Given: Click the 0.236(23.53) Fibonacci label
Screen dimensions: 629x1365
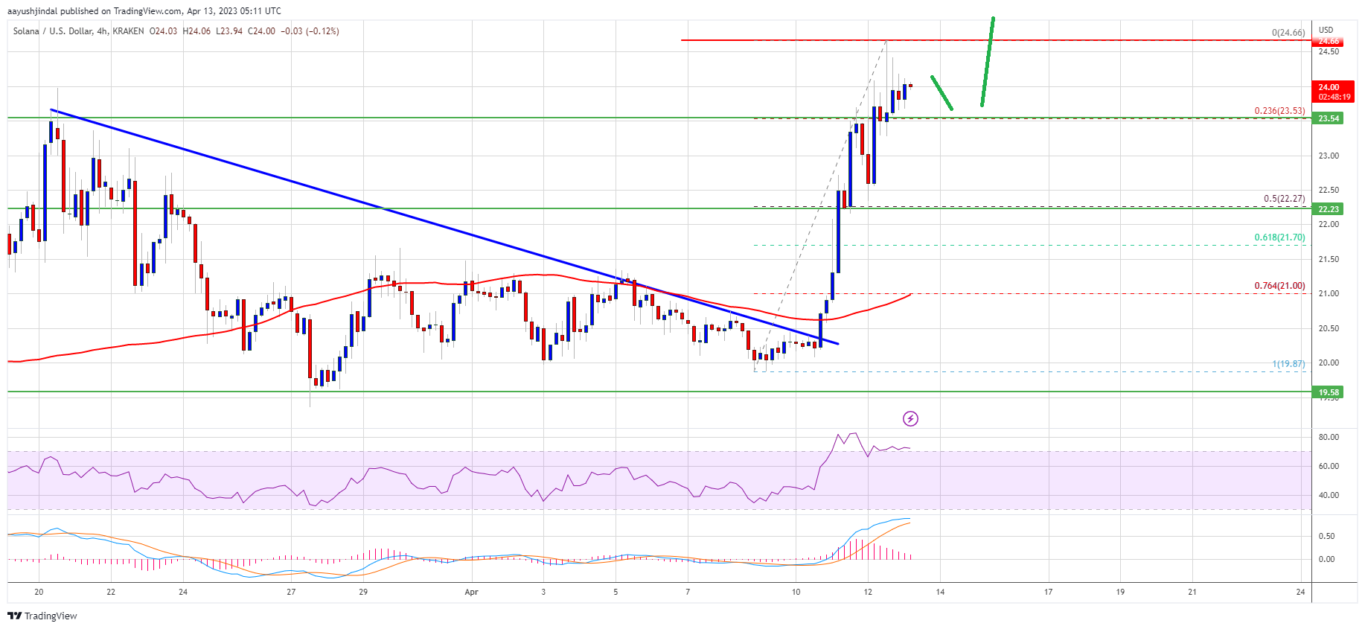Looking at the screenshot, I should (x=1279, y=111).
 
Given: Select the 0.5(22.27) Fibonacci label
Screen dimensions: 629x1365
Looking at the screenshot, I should (x=1284, y=199).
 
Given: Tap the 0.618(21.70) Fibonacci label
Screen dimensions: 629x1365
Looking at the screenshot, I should (x=1279, y=237).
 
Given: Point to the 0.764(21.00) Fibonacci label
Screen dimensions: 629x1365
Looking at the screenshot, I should (x=1279, y=286).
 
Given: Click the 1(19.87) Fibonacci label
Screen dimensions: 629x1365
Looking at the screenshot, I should (x=1288, y=364).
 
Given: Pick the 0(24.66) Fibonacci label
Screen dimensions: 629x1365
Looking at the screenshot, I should (x=1288, y=33).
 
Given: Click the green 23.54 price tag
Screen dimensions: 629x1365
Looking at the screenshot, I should (x=1329, y=118).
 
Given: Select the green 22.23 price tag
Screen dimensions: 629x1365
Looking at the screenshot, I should (x=1329, y=209).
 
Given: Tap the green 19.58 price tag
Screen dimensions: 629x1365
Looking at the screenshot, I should (x=1329, y=392).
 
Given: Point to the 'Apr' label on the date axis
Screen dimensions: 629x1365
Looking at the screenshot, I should (x=471, y=593).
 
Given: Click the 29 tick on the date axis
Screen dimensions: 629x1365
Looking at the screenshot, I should (x=363, y=593).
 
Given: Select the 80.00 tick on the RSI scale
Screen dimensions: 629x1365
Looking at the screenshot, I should (x=1329, y=437).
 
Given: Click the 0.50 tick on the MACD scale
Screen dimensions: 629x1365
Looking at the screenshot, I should (x=1326, y=536).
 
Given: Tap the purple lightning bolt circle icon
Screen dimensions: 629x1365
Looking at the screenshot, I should (x=910, y=419).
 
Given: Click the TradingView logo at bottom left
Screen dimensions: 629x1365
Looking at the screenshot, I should (x=42, y=616).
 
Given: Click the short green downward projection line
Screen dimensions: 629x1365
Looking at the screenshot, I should (x=942, y=93).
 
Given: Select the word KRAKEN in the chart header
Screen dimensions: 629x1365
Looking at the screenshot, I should (x=128, y=31).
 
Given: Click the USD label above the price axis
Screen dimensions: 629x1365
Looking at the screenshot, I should (x=1326, y=31).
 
